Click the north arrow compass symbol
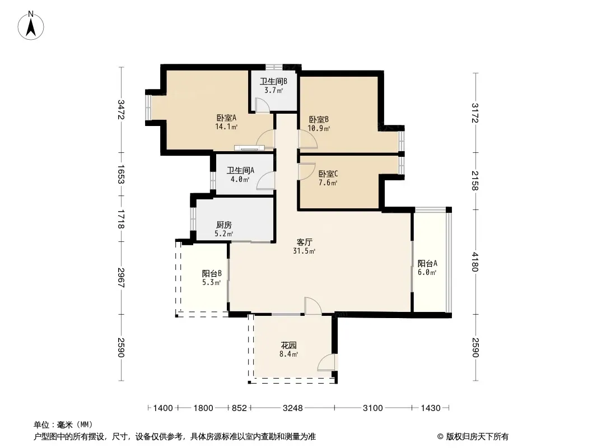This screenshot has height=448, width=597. click(31, 26)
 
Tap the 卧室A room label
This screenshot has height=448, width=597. click(227, 118)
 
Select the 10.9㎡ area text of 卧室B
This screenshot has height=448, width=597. click(319, 128)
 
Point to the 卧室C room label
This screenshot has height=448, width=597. click(328, 174)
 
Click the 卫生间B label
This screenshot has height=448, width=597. click(273, 81)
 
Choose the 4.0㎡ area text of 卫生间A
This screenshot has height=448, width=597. click(240, 179)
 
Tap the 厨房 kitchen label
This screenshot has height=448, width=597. click(224, 225)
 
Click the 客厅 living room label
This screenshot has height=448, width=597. click(304, 242)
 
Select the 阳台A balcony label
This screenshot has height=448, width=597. click(427, 263)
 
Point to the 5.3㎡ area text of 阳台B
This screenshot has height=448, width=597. click(211, 282)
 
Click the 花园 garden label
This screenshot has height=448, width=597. click(288, 345)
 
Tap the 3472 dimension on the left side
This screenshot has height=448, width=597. click(121, 109)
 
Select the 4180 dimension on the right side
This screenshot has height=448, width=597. click(475, 262)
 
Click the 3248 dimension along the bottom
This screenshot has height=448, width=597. click(293, 408)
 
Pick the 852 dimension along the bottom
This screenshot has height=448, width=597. click(240, 408)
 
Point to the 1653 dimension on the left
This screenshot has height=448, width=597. click(121, 174)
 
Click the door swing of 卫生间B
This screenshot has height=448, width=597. click(262, 105)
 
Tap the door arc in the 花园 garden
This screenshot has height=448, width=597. click(326, 362)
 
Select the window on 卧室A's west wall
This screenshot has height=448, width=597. click(148, 108)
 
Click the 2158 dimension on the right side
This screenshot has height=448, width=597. click(475, 180)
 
